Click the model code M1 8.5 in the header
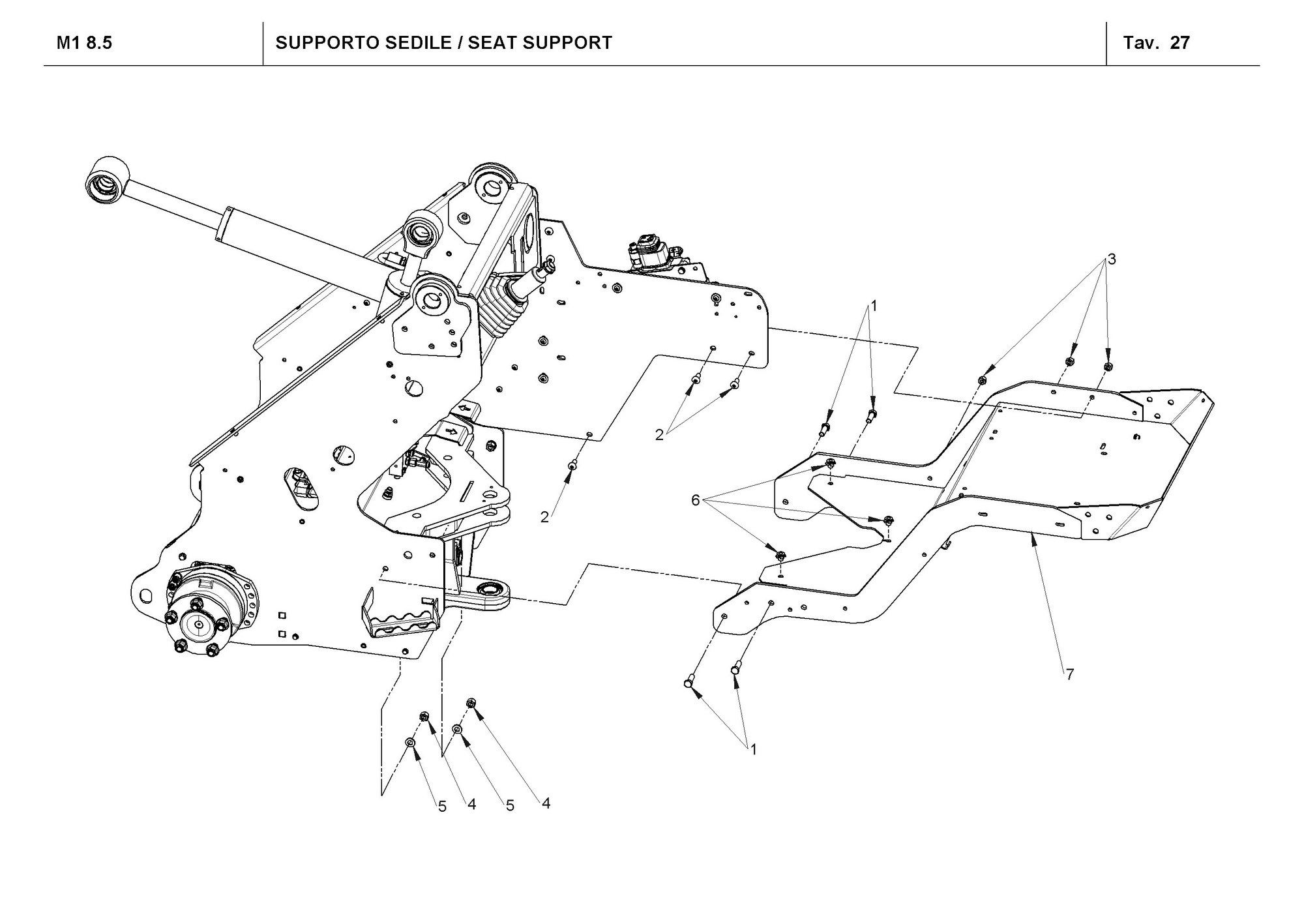click(x=84, y=43)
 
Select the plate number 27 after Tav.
click(x=1180, y=43)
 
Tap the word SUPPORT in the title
click(x=567, y=43)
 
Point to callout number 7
click(x=1069, y=675)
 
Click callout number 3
click(x=1112, y=259)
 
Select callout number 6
click(x=695, y=500)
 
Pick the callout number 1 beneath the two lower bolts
click(x=754, y=750)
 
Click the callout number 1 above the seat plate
click(x=874, y=305)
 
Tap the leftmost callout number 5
click(x=442, y=807)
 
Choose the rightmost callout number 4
click(x=546, y=803)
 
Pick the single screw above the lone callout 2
click(x=572, y=464)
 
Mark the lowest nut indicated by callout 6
click(x=780, y=555)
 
